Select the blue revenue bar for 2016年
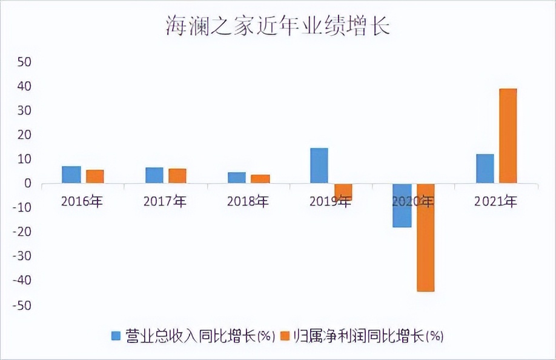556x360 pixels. tap(71, 175)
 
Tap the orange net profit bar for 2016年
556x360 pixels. tap(94, 176)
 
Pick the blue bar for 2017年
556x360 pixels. tap(154, 175)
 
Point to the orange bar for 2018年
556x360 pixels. tap(260, 179)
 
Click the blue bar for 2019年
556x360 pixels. tap(319, 165)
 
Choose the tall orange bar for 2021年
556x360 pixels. tap(508, 136)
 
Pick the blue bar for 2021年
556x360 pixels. tap(485, 168)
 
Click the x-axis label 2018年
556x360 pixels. tap(249, 202)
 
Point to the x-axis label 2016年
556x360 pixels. tap(82, 202)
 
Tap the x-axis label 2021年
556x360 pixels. tap(496, 202)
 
